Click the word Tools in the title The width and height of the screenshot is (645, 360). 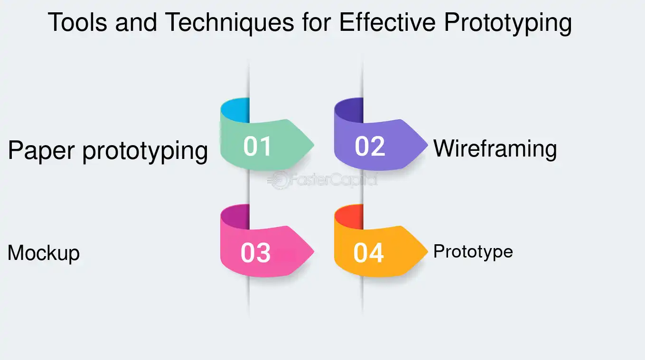[77, 22]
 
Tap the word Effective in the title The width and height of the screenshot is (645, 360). [387, 22]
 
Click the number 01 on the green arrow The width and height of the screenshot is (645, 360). [257, 147]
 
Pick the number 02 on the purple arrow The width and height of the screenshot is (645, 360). [370, 147]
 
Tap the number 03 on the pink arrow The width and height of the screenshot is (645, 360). [255, 253]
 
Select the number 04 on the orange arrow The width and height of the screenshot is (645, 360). [369, 253]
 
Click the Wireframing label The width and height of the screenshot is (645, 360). [495, 149]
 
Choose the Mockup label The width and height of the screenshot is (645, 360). [44, 253]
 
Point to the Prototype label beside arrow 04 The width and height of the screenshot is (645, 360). [473, 252]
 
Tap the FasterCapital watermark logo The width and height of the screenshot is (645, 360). [322, 180]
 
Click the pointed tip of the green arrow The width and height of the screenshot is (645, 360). [314, 145]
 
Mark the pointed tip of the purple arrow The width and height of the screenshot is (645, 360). [428, 145]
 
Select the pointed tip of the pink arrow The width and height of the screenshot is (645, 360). [314, 251]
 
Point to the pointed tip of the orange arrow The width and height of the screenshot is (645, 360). [428, 251]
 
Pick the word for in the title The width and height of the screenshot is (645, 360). [317, 22]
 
